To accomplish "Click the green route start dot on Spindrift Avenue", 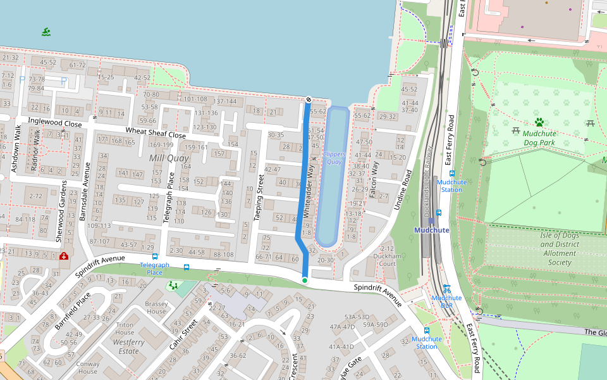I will click(x=305, y=280).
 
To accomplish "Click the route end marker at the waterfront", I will click(x=308, y=99).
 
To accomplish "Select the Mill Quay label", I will click(x=169, y=158).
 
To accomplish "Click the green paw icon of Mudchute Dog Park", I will click(x=539, y=122).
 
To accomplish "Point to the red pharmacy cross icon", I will click(x=63, y=256).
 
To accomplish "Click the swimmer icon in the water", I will click(x=46, y=32).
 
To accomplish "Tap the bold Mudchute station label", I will click(x=431, y=230).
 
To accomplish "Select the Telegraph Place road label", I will click(x=169, y=198).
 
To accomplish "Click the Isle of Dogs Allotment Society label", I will click(x=560, y=249).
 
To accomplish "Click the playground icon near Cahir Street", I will click(x=173, y=286).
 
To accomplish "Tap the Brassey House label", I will click(x=156, y=307).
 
